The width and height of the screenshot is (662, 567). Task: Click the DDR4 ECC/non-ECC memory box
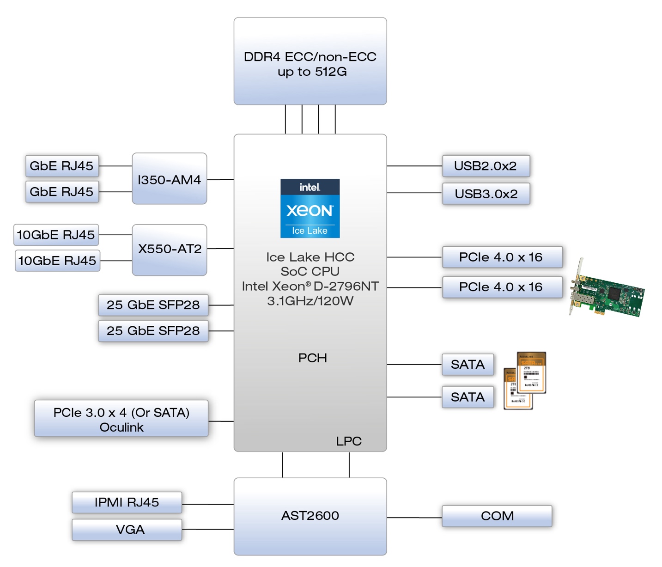(x=310, y=61)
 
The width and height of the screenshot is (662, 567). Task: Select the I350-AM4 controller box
(x=169, y=179)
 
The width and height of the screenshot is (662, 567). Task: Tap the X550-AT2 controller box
(x=169, y=250)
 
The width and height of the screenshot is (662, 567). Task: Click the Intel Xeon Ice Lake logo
(x=310, y=208)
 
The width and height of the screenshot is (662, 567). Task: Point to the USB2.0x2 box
(x=486, y=166)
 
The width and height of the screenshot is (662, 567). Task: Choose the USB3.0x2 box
(x=486, y=194)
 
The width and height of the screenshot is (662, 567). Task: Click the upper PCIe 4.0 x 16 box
(x=502, y=257)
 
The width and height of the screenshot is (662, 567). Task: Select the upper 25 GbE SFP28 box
(x=153, y=305)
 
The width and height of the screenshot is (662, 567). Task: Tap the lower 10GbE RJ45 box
(x=57, y=261)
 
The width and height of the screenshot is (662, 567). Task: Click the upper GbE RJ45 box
(x=61, y=166)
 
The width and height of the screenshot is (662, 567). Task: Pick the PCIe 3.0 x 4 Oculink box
(x=121, y=419)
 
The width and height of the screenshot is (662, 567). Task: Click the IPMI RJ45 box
(x=127, y=502)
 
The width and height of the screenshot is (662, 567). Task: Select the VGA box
(x=127, y=530)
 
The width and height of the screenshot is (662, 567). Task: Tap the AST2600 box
(x=310, y=516)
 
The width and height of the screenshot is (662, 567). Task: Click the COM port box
(x=497, y=516)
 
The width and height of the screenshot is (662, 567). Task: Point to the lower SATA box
(x=468, y=397)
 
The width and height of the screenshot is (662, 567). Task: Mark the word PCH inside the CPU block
(x=312, y=358)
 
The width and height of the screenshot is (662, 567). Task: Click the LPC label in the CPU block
(x=348, y=441)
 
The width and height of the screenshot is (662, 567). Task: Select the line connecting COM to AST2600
(x=414, y=518)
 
